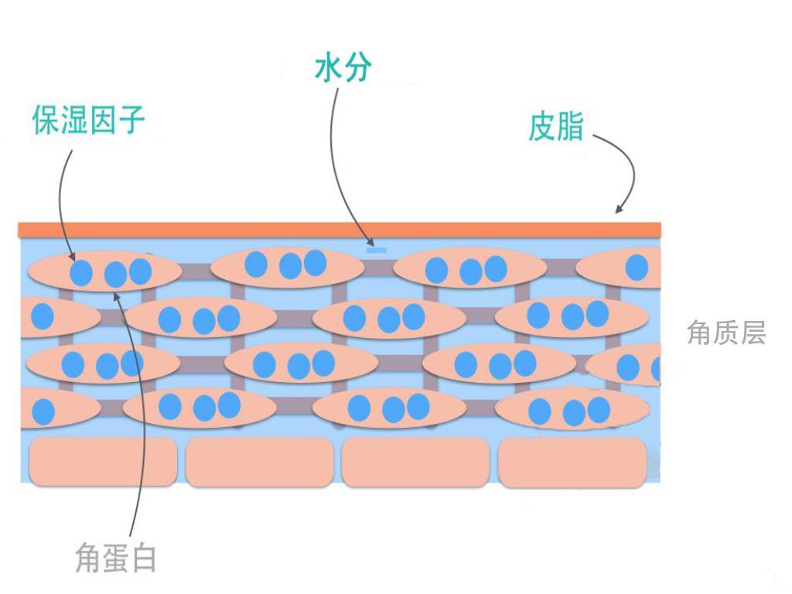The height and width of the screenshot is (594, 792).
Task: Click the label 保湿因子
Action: pos(88,120)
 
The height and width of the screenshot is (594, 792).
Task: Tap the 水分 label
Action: pos(343,68)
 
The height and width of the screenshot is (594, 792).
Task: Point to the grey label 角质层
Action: pos(725,333)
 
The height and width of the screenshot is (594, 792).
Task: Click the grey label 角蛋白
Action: pos(116,557)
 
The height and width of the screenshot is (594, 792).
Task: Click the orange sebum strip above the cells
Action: pos(340,229)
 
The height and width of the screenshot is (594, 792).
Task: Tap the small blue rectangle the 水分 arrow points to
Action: pos(377,250)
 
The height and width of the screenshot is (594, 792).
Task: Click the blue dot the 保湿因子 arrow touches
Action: pos(81,272)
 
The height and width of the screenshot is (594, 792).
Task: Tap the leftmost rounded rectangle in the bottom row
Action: pos(103,462)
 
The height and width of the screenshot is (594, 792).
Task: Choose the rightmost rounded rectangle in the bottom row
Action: pos(572,463)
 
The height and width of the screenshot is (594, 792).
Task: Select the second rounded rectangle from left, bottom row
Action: pos(259,463)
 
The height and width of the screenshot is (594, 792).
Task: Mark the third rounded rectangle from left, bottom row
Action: pos(415,463)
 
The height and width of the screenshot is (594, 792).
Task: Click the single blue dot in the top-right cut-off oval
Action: pos(637,267)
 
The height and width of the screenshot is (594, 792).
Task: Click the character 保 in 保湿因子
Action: pos(46,120)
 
